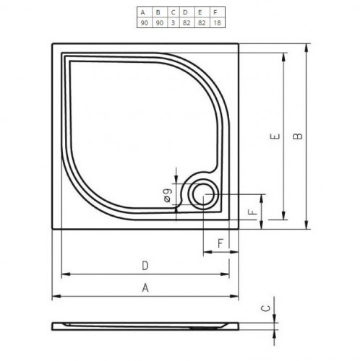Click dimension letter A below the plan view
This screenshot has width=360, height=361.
(x=145, y=288)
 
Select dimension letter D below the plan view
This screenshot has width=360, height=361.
(x=145, y=265)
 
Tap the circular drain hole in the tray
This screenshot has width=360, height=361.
(x=202, y=193)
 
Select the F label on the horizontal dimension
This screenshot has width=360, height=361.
(x=220, y=243)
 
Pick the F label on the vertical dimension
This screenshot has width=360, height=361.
(x=250, y=212)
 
